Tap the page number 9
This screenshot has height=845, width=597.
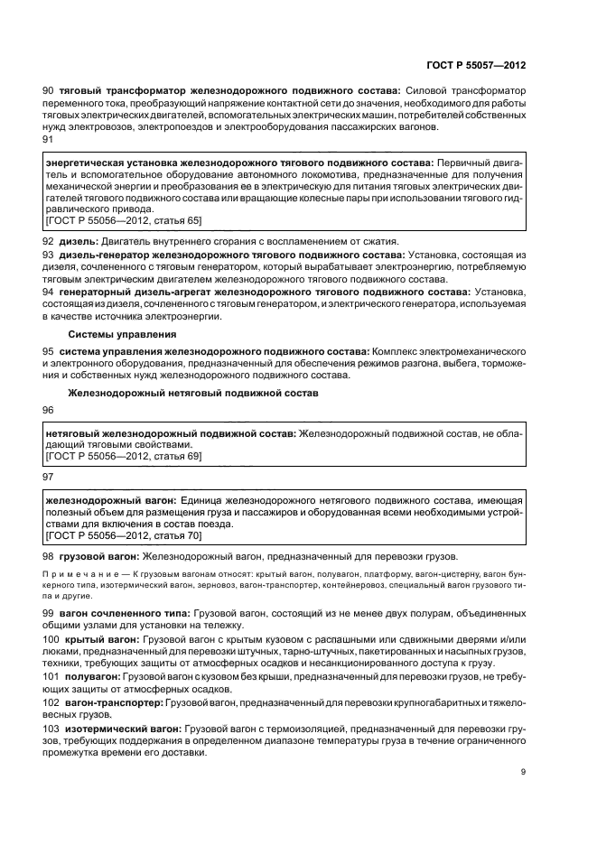coord(523,770)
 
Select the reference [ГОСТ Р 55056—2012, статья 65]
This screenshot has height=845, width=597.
coord(123,220)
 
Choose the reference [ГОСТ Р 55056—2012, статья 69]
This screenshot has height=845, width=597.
coord(123,457)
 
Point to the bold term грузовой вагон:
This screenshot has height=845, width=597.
coord(93,556)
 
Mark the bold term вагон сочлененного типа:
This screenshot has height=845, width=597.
coord(125,614)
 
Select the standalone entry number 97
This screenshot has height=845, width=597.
coord(49,476)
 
